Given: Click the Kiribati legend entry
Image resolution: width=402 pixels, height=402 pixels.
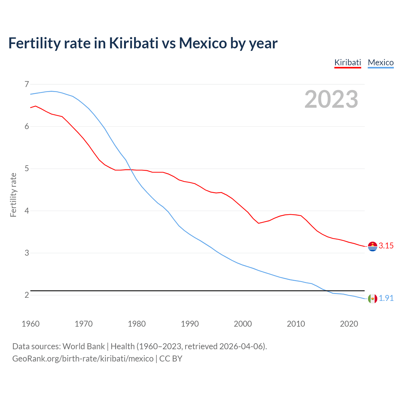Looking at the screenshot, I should [348, 62].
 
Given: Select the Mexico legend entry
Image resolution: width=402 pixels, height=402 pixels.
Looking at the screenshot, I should [381, 62].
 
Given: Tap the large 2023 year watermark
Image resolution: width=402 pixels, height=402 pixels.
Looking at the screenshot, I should [331, 99].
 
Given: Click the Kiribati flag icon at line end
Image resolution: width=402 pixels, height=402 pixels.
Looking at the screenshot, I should [372, 247].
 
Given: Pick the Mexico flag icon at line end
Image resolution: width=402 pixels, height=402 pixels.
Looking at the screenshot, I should [372, 299].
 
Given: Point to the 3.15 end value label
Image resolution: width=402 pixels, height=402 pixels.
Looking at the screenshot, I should [386, 246].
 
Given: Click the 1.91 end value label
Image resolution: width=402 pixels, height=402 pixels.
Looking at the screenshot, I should [386, 298].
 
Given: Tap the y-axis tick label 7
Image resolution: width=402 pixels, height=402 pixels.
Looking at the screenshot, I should [27, 84].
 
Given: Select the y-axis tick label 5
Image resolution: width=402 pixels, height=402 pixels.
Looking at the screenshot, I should [27, 169].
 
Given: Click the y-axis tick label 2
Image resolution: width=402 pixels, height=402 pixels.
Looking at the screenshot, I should [27, 295].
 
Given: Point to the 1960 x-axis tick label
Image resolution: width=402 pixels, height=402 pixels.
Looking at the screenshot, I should [30, 324].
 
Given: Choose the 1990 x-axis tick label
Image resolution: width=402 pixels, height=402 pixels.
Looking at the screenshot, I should [190, 324].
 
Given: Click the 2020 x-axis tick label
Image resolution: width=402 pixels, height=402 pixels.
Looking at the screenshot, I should [349, 324].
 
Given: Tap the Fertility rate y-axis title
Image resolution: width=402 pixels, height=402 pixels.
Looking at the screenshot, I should [13, 195].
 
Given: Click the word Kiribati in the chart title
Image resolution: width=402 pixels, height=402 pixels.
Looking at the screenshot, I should [134, 43].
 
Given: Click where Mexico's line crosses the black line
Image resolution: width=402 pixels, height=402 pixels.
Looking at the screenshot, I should [326, 291].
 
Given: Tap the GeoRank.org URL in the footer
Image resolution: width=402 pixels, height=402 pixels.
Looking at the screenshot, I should [83, 359].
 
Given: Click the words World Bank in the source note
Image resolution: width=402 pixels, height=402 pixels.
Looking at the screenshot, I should [84, 346].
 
